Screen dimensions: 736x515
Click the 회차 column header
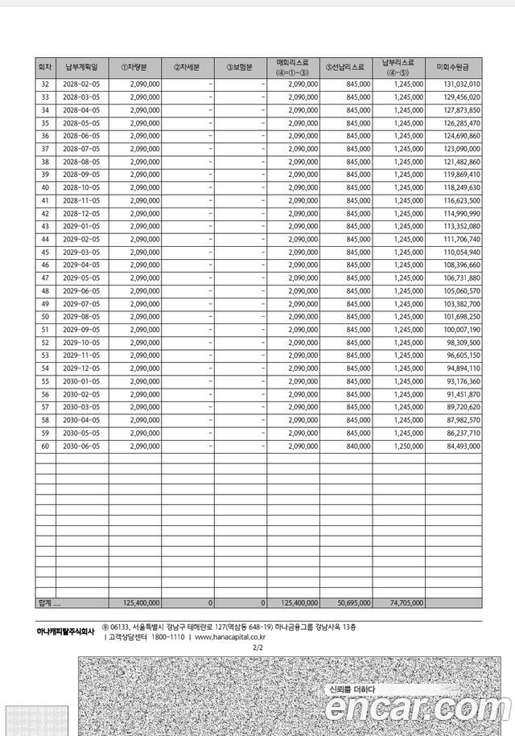tap(45, 67)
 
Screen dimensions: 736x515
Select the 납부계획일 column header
tap(83, 67)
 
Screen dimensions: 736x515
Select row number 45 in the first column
tap(45, 252)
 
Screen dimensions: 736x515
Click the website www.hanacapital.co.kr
tap(229, 637)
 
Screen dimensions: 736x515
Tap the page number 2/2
tap(257, 647)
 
